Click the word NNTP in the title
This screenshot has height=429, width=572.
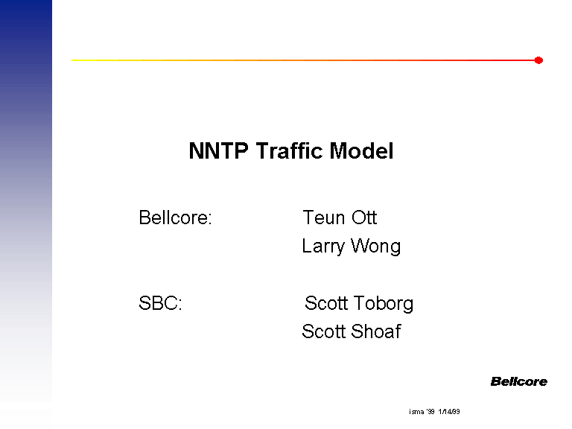pos(218,150)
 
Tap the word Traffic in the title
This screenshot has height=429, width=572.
pos(289,150)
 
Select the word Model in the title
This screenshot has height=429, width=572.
pos(361,150)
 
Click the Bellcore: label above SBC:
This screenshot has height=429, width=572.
pos(175,217)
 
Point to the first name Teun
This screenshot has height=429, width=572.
pos(324,217)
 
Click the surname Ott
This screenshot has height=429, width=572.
pos(364,217)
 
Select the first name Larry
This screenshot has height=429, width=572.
pos(323,247)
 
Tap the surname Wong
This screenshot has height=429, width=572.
pos(375,247)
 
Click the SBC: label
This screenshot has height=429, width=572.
pos(160,303)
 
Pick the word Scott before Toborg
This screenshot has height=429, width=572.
pos(326,303)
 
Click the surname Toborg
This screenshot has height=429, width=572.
pos(384,304)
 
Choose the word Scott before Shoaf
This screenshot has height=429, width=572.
pos(323,331)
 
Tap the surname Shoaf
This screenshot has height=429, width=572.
pos(376,331)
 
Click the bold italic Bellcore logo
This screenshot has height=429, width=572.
pos(518,381)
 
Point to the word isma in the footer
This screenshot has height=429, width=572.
pos(416,412)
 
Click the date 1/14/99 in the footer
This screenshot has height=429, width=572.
pos(449,412)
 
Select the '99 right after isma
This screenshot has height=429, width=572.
pos(430,412)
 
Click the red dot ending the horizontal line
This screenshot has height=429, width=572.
pos(538,60)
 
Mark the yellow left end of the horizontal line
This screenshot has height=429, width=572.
pos(72,60)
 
